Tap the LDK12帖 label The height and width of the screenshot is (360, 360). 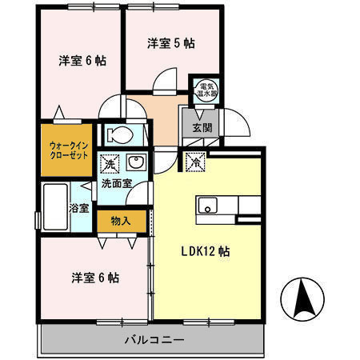tap(205, 251)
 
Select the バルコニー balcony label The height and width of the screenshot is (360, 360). tap(154, 340)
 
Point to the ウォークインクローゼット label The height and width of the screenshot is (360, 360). tap(67, 150)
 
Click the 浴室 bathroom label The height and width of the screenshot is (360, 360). tap(79, 207)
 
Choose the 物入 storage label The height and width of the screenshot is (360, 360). tap(119, 219)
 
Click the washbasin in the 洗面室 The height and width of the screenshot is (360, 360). tap(135, 164)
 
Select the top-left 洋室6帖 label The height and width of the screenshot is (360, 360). tap(82, 61)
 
